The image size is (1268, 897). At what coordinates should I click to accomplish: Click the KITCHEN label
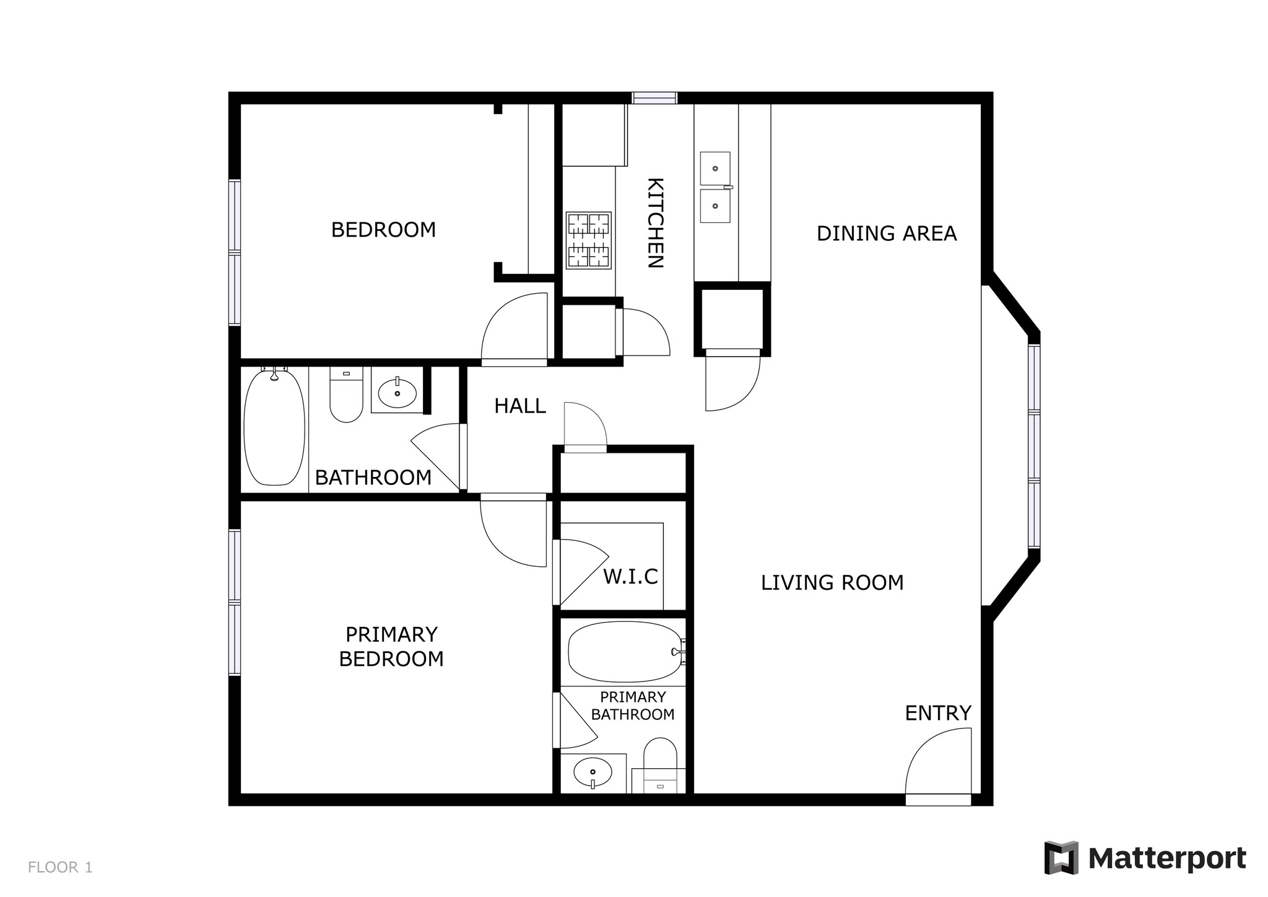tap(655, 223)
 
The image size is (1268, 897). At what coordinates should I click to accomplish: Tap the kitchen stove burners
tap(588, 240)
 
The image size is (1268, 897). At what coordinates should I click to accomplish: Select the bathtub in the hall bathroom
tap(274, 427)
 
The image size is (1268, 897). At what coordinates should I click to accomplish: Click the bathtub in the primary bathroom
tap(626, 652)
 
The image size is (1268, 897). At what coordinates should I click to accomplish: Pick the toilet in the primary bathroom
tap(660, 766)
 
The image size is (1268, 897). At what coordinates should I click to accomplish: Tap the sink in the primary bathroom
tap(593, 772)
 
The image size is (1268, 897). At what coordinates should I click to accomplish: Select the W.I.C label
tap(630, 577)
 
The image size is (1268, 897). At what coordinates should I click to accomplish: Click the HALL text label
tap(520, 406)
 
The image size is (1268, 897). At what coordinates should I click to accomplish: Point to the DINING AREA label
tap(887, 234)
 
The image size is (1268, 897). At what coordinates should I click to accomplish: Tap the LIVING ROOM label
tap(832, 583)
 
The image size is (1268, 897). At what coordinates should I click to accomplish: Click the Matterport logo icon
tap(1061, 858)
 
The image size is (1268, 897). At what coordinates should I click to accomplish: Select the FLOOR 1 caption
tap(60, 867)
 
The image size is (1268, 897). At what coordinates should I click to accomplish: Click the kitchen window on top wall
tap(654, 98)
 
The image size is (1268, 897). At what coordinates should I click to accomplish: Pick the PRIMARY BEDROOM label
tap(391, 647)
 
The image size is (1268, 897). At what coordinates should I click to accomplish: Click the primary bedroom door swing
tap(513, 533)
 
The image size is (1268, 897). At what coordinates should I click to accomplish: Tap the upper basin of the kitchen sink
tap(715, 168)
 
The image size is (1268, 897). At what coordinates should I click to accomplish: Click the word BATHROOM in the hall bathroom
tap(373, 478)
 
